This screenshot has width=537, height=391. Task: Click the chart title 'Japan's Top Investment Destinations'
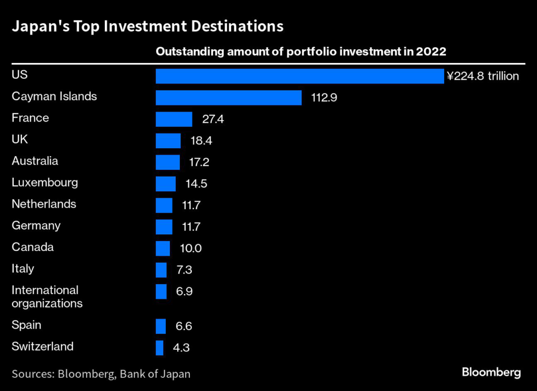147,26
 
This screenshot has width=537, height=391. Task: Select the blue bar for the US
299,76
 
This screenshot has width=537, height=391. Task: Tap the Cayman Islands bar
228,97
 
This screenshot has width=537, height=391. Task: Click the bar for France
174,119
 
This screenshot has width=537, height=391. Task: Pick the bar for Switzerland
159,347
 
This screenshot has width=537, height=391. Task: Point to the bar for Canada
163,248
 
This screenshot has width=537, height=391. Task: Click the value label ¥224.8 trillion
482,77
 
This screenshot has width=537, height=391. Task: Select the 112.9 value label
324,98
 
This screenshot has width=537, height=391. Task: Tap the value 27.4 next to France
213,120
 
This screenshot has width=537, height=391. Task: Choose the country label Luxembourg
45,182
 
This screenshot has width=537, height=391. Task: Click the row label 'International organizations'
47,297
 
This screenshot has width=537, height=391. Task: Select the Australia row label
35,161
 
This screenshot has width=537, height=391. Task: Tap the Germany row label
36,225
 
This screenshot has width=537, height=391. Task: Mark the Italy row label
23,268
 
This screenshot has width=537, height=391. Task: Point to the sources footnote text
101,374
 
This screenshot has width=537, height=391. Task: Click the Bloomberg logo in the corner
491,373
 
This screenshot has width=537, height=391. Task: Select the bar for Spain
160,326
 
